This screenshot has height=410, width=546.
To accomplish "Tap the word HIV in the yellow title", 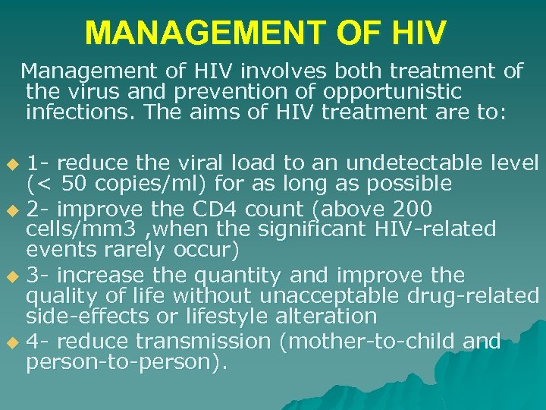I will [416, 33].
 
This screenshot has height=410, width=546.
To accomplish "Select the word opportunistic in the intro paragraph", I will [393, 92].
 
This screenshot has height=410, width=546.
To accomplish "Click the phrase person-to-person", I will [121, 362].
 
